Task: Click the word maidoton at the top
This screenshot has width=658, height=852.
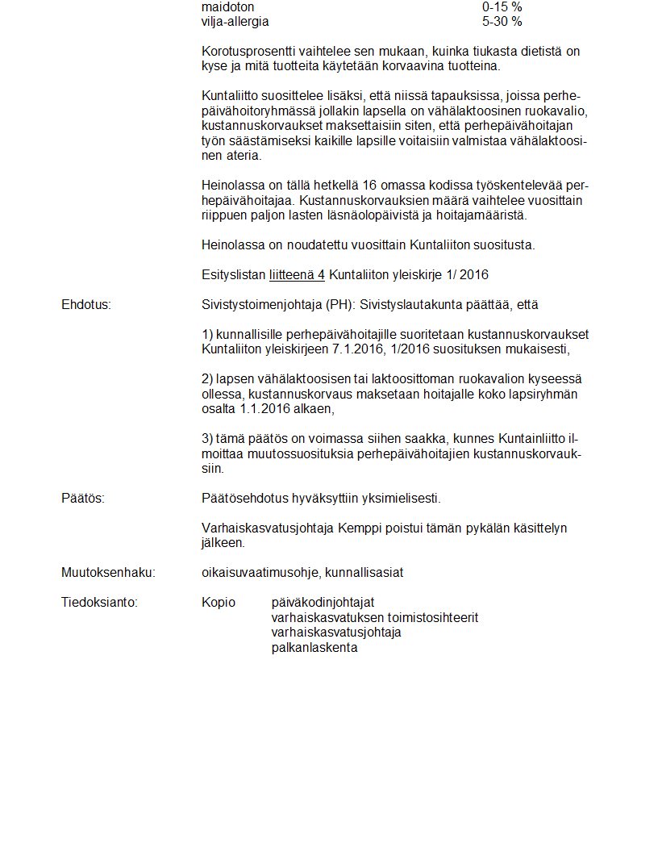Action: tap(227, 6)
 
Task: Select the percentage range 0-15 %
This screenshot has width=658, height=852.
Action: tap(502, 6)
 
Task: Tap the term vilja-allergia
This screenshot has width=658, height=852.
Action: tap(235, 21)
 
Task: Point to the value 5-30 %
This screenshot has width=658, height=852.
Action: tap(502, 21)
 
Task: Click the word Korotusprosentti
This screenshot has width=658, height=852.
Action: tap(248, 52)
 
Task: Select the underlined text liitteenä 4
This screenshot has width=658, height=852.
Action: tap(297, 275)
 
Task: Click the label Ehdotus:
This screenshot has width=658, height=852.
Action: tap(86, 305)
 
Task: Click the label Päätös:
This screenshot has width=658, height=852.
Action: tap(83, 499)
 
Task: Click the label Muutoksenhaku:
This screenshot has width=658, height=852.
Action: tap(108, 573)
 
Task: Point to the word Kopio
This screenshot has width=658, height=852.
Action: tap(219, 603)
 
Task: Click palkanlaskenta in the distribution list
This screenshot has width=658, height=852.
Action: tap(314, 647)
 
